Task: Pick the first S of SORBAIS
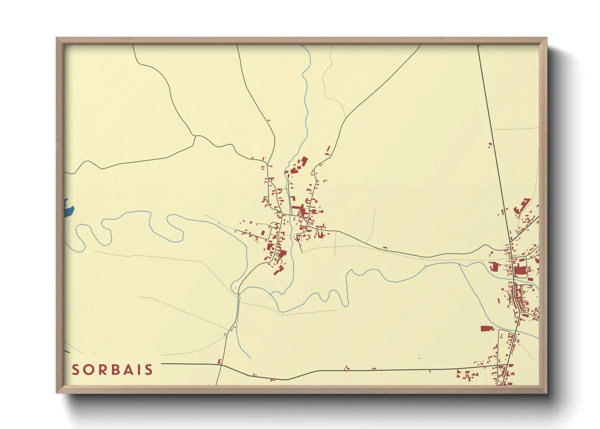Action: (75, 370)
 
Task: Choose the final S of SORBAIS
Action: (149, 370)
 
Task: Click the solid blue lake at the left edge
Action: (69, 209)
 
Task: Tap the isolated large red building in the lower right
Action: (487, 328)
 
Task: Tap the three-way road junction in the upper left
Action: (195, 136)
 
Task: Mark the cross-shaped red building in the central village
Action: (300, 211)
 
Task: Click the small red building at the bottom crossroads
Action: (220, 361)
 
